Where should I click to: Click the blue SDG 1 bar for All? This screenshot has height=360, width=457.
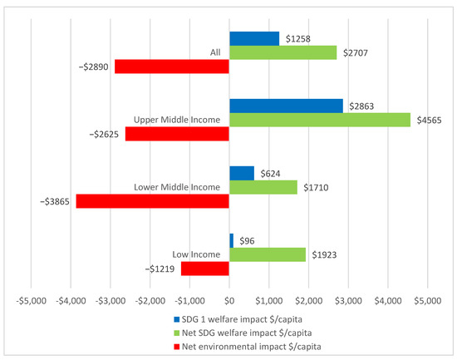click(253, 38)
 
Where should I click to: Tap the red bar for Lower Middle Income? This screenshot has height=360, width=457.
click(152, 201)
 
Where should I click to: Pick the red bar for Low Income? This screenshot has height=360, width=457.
click(204, 269)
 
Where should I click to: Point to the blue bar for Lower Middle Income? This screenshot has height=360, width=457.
click(241, 173)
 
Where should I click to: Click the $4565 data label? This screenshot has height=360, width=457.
click(427, 120)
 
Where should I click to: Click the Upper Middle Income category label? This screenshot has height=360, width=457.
click(176, 120)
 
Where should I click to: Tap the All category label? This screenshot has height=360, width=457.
click(214, 52)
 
